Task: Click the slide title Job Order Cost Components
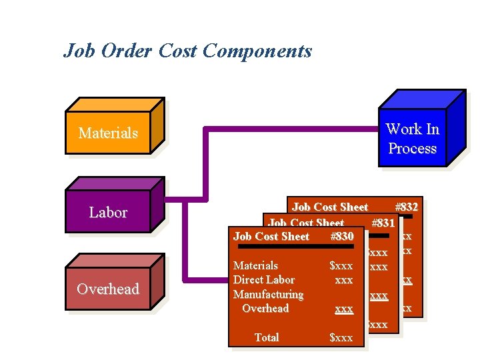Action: (x=187, y=51)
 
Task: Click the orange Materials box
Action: (x=108, y=133)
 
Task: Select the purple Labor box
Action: (x=108, y=213)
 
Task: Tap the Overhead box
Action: (x=108, y=289)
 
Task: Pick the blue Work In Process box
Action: (x=412, y=138)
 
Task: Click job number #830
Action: (x=341, y=237)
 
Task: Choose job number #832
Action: (x=406, y=207)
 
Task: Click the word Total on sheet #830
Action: (x=267, y=337)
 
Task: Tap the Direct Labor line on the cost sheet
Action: (x=264, y=280)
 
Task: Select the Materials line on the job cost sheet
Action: (x=255, y=265)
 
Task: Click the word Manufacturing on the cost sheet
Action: (x=268, y=294)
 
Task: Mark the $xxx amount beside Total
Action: (x=341, y=338)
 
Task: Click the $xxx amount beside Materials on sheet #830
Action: (x=341, y=265)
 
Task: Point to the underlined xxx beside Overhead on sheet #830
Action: (x=343, y=309)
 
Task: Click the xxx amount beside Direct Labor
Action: (x=343, y=280)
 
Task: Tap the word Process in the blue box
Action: (x=412, y=148)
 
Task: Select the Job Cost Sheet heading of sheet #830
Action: (x=271, y=237)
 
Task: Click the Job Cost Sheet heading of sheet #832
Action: (x=330, y=207)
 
